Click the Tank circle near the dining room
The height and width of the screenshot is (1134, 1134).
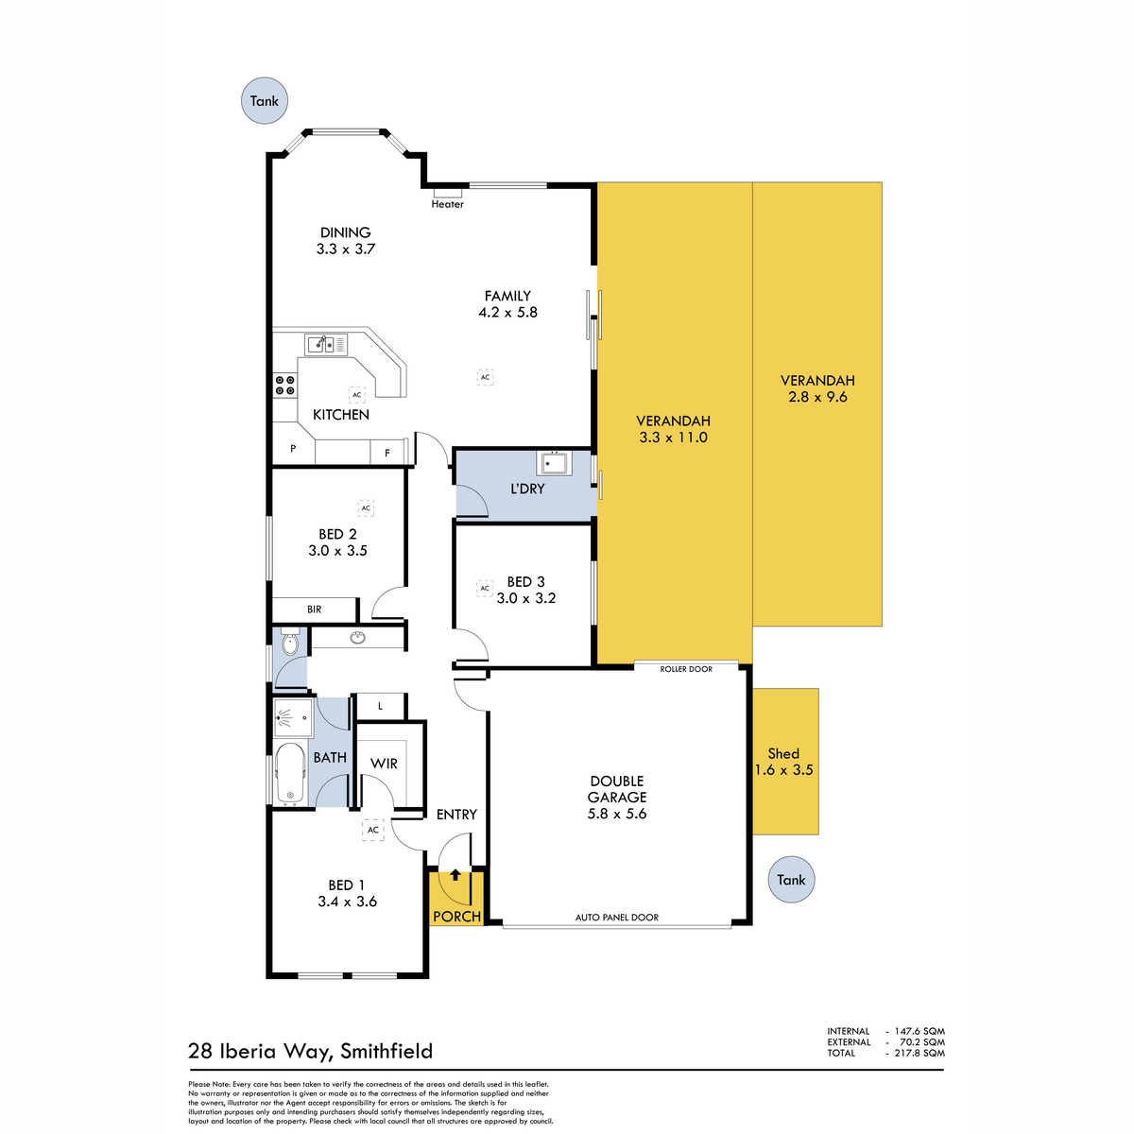265,100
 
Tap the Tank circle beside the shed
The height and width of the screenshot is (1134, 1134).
791,880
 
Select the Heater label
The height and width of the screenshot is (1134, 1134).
447,204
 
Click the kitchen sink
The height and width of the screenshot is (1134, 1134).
326,344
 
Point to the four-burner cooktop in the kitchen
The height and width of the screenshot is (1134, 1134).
285,386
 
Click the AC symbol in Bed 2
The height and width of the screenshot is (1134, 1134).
366,507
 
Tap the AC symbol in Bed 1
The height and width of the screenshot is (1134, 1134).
373,830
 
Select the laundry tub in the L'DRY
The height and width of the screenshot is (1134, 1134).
554,463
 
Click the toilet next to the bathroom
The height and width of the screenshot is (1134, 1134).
290,643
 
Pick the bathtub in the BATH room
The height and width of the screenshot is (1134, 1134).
290,775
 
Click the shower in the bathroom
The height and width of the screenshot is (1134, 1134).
293,717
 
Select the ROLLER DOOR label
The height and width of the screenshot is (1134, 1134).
686,669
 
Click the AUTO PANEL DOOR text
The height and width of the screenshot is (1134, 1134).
617,917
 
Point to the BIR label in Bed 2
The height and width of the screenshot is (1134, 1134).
315,610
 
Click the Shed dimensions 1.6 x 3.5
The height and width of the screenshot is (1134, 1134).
783,770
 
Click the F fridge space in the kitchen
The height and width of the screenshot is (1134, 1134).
387,454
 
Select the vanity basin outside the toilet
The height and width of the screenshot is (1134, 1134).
358,637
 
